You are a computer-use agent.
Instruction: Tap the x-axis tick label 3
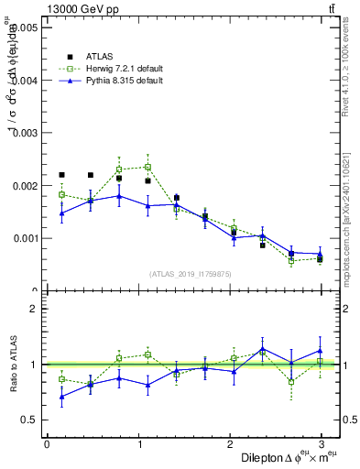[x=322, y=444]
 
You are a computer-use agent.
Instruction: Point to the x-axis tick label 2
[x=230, y=444]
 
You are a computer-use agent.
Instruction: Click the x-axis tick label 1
[x=138, y=444]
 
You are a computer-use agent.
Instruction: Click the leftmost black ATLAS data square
[x=61, y=174]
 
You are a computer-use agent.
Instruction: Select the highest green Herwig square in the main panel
[x=147, y=167]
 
